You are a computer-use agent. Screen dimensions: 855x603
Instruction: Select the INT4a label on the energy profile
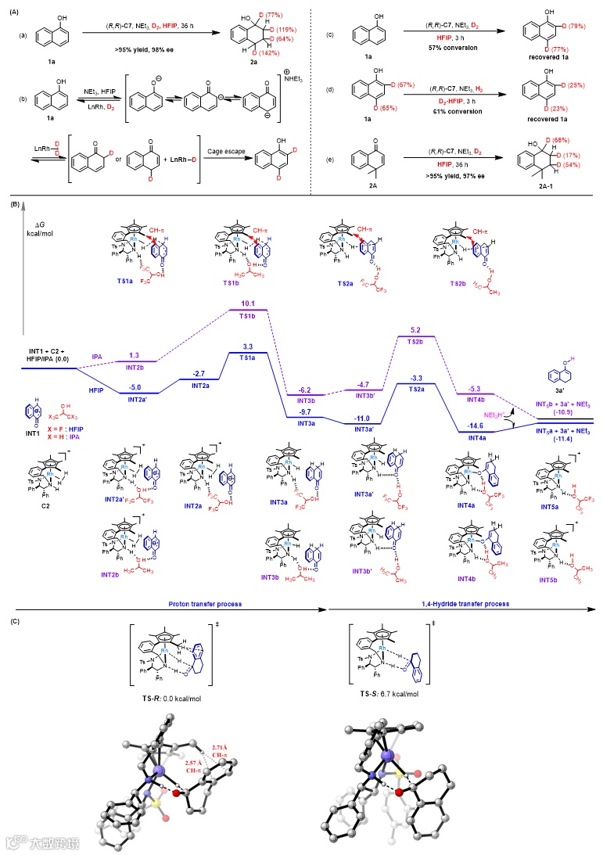[x=474, y=440]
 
